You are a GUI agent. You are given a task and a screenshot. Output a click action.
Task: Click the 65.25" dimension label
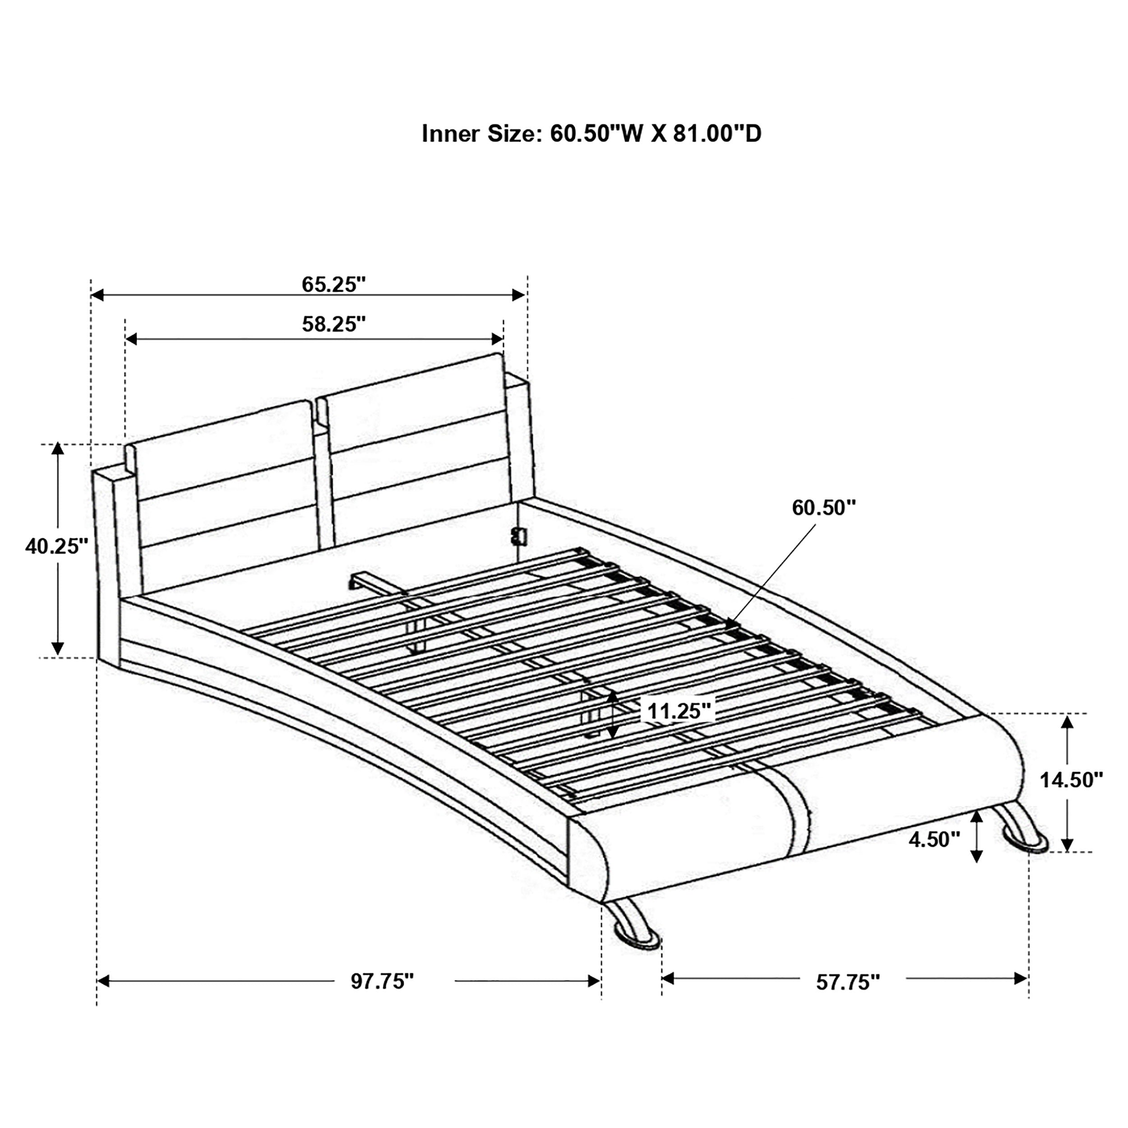tap(333, 285)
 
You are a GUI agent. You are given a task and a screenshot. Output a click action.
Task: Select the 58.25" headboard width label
tap(333, 324)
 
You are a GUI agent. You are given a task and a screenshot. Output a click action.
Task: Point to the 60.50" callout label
tap(823, 508)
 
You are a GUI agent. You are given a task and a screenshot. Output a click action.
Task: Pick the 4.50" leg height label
tap(934, 840)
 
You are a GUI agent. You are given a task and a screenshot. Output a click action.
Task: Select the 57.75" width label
tap(847, 982)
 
